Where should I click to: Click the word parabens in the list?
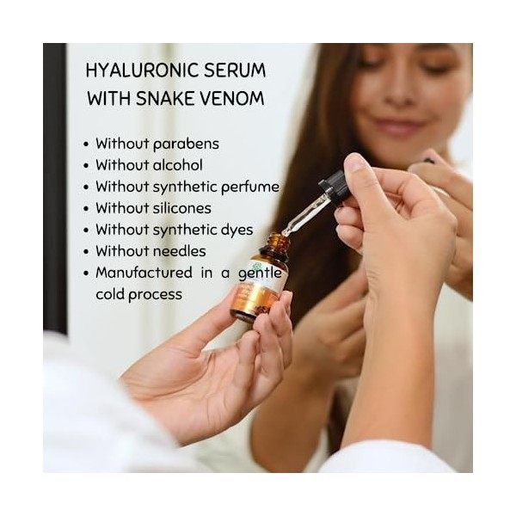pos(184,144)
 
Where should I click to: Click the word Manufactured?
pos(144,273)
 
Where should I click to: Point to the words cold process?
pos(138,294)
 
